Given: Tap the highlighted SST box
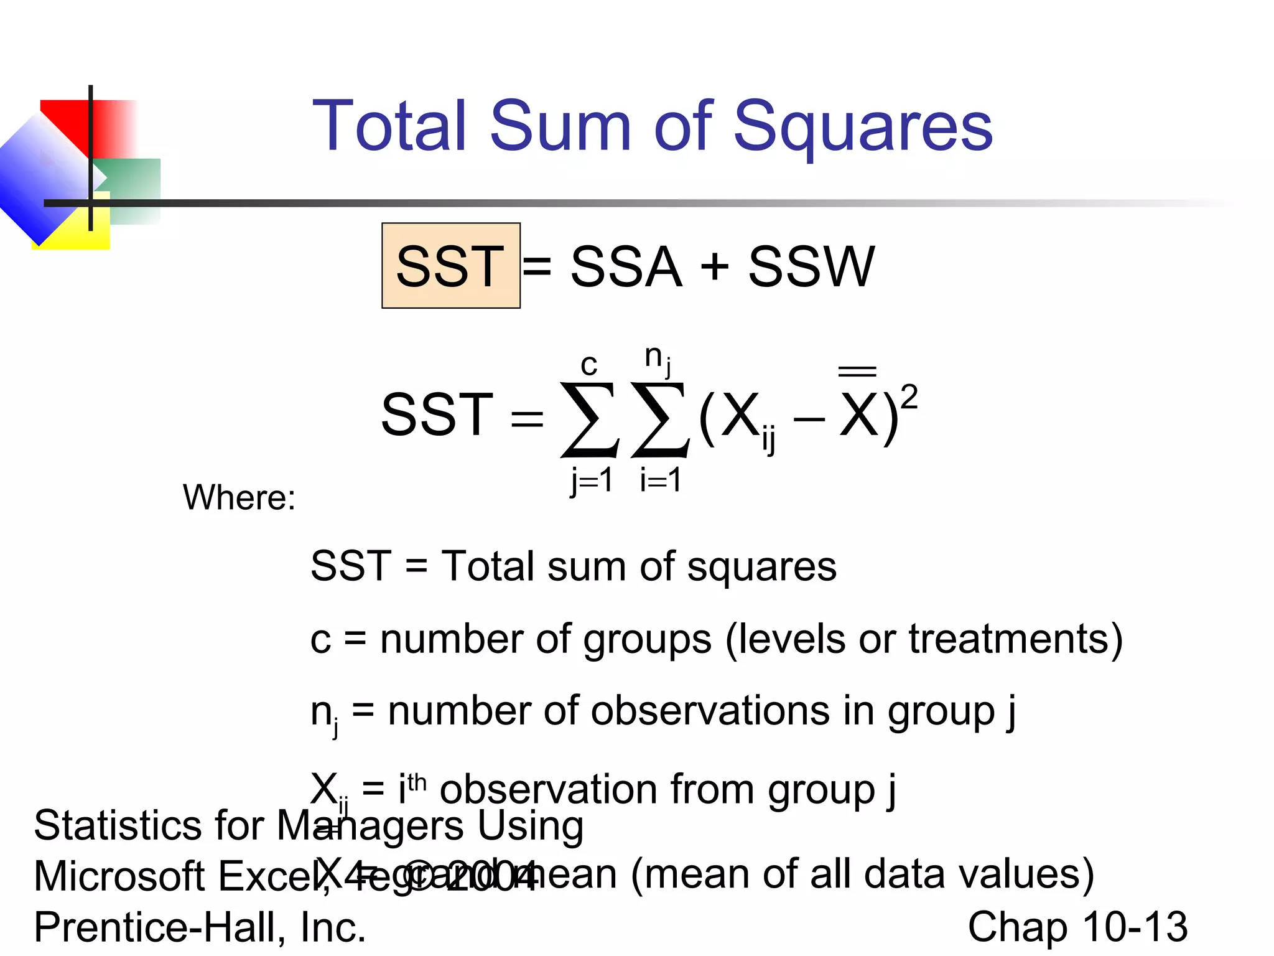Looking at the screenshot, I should pos(450,266).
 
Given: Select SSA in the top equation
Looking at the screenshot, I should pos(626,266).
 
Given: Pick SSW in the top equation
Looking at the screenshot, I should pos(811,266).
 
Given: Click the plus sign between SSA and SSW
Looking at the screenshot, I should pos(715,266).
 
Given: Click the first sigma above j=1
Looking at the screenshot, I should pos(589,419).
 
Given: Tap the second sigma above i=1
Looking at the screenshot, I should pos(659,419).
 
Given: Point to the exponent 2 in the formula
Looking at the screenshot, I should pos(909,396).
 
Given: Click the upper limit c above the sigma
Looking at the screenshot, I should pos(588,364).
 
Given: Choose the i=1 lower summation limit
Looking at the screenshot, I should pos(661,480).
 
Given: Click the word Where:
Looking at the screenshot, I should pos(239,497).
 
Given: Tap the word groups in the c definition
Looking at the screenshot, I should pos(647,639).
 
